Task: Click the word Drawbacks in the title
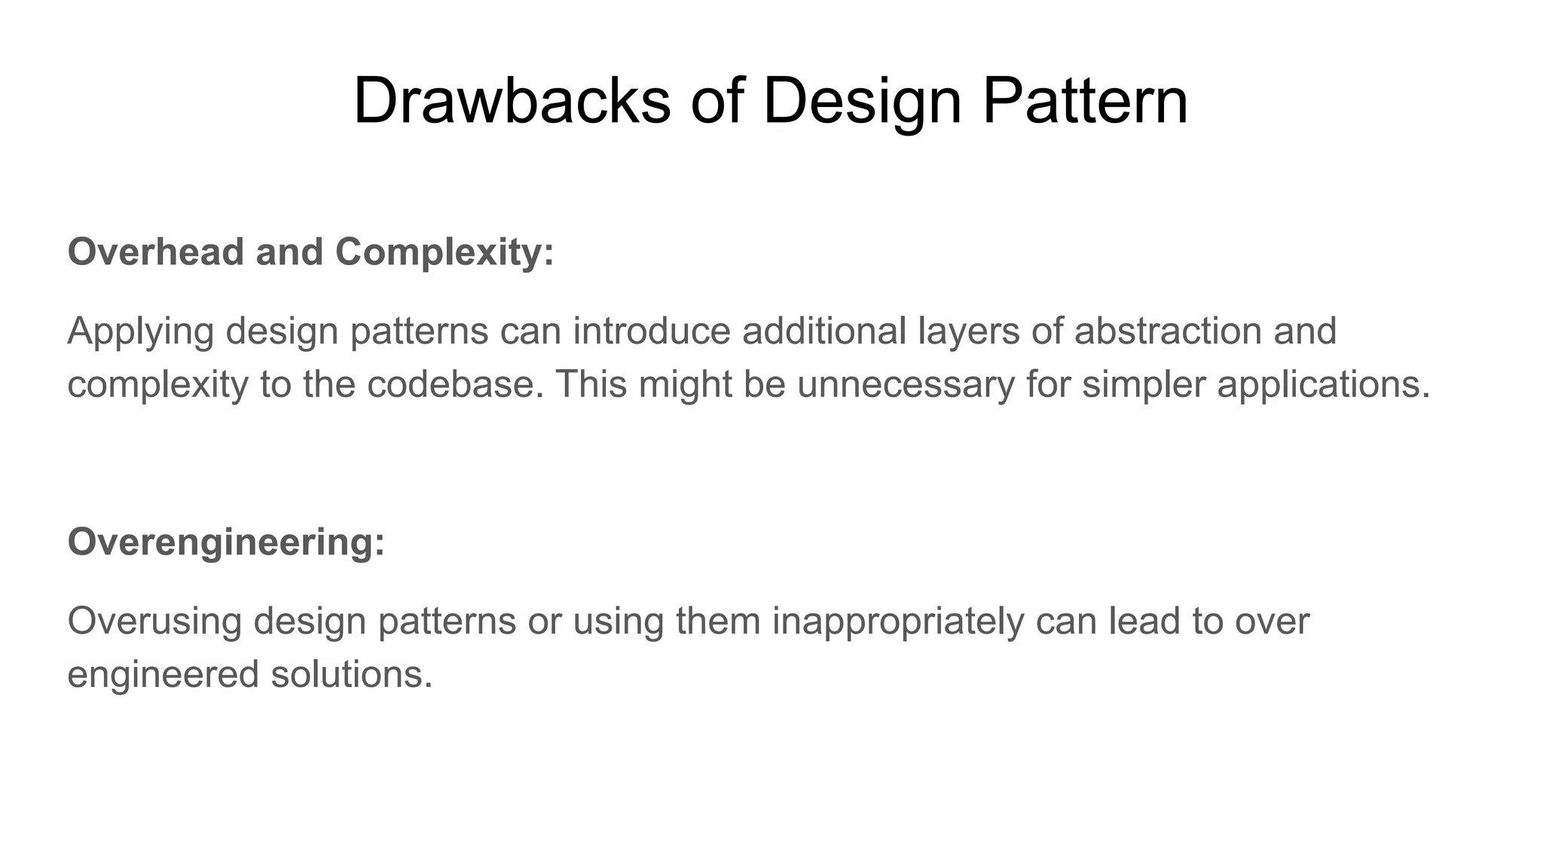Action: [x=512, y=101]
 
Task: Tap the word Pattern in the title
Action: [x=1085, y=101]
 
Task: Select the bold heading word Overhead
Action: [x=156, y=252]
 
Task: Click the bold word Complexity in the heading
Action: [x=445, y=252]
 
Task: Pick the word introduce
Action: [x=652, y=332]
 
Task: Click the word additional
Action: [x=824, y=332]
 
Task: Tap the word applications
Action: [x=1323, y=386]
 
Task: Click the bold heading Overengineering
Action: [x=226, y=542]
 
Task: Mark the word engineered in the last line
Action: [x=163, y=675]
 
